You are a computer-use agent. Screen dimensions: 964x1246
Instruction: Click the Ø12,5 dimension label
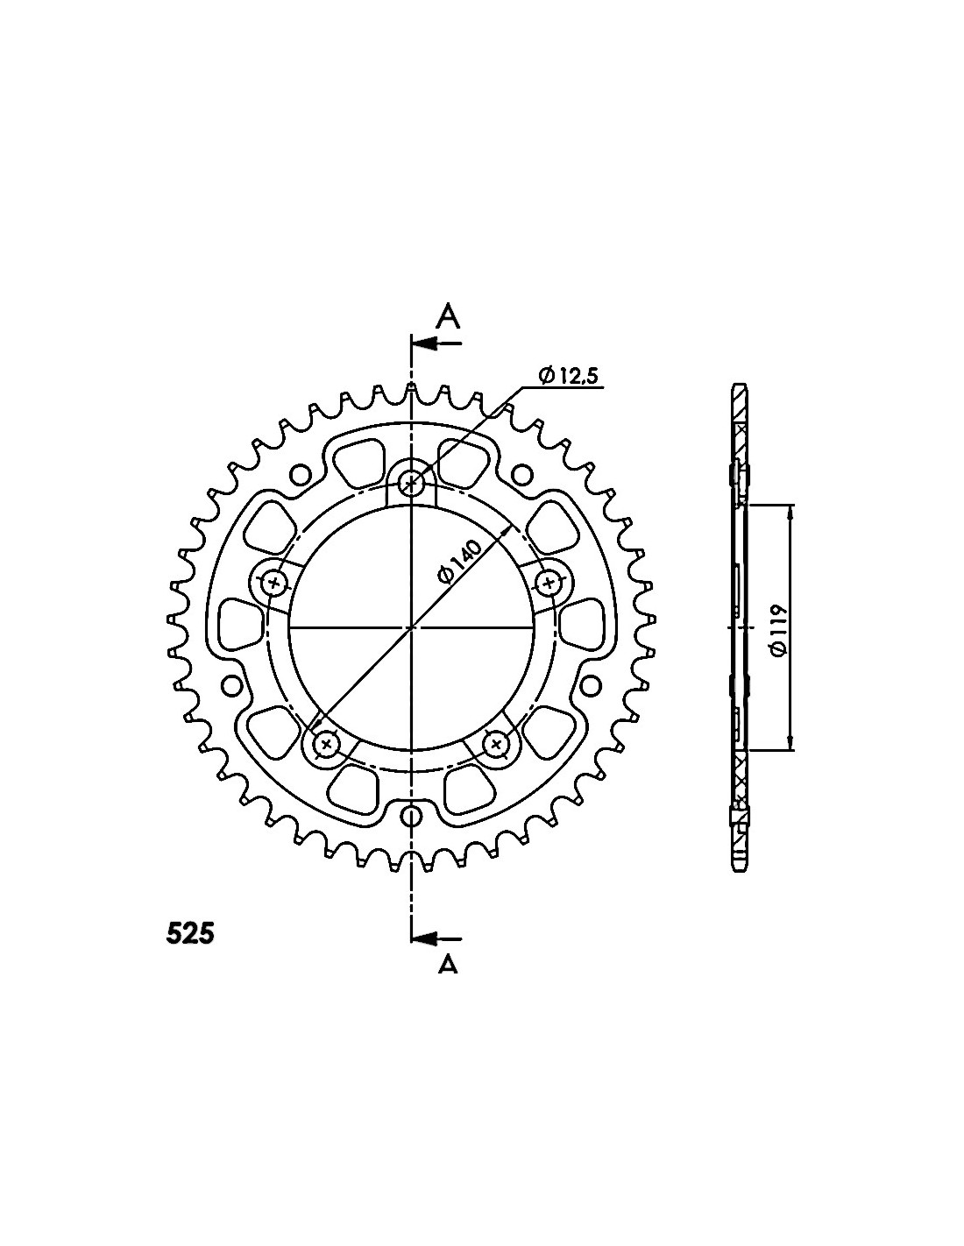coord(568,376)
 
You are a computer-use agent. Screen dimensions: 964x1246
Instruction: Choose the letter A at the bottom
coord(448,964)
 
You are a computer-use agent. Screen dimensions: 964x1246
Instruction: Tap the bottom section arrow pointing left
coord(436,938)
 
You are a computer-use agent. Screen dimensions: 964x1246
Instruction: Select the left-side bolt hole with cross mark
coord(274,584)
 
